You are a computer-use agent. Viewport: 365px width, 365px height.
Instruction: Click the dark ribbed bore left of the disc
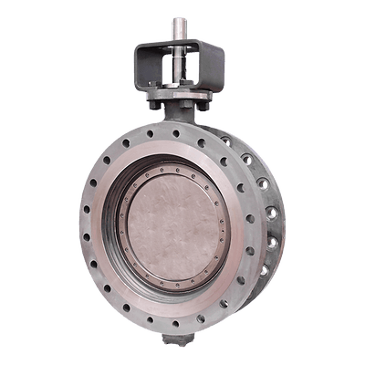coord(113,228)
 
